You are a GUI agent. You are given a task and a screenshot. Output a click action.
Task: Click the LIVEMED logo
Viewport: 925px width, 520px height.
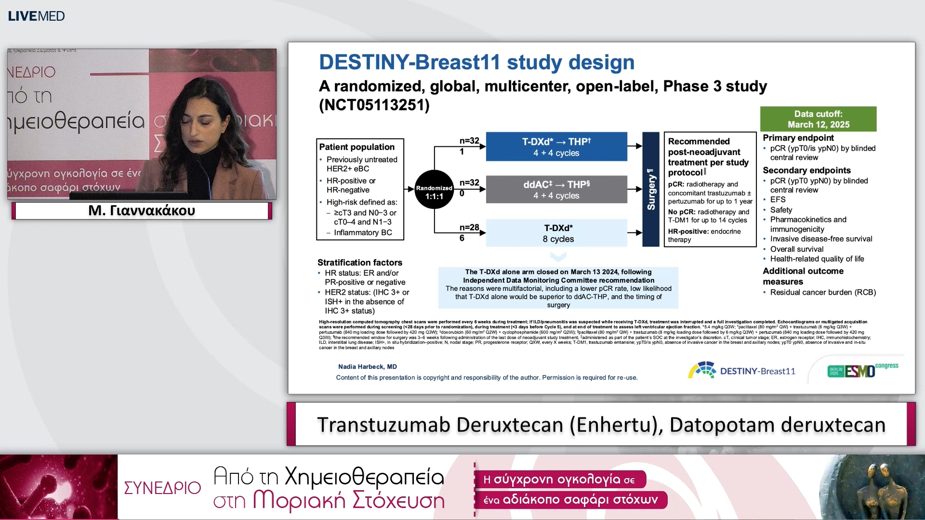coord(36,16)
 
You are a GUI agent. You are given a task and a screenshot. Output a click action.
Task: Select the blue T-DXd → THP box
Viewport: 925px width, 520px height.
coord(556,147)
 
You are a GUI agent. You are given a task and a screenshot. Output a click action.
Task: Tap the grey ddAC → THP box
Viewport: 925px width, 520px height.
coord(556,190)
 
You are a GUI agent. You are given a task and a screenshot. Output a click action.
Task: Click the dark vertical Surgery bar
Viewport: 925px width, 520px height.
coord(651,189)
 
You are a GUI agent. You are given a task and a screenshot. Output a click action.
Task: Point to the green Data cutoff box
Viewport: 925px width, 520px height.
coord(818,119)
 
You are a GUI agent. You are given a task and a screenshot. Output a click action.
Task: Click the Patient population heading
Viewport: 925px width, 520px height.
coord(357,147)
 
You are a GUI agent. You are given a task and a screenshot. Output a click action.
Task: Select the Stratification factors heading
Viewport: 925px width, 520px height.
coord(359,262)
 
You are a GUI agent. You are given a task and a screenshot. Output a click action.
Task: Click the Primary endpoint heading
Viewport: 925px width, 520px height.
coord(798,138)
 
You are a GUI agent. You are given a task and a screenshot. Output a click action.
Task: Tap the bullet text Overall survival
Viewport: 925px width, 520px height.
coord(796,249)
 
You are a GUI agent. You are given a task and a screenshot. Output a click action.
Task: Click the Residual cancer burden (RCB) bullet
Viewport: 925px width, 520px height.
coord(822,292)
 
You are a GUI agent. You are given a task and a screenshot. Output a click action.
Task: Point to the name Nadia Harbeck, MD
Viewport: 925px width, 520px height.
coord(367,367)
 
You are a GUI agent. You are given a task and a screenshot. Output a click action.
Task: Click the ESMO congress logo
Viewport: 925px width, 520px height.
coord(862,370)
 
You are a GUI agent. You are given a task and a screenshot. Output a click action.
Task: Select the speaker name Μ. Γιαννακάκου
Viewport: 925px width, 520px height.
coord(142,211)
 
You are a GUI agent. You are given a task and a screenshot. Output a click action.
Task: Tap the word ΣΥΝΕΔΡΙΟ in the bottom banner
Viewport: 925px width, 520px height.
coord(162,488)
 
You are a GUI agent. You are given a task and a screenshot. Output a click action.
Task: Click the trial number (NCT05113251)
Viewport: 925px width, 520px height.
coord(374,105)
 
